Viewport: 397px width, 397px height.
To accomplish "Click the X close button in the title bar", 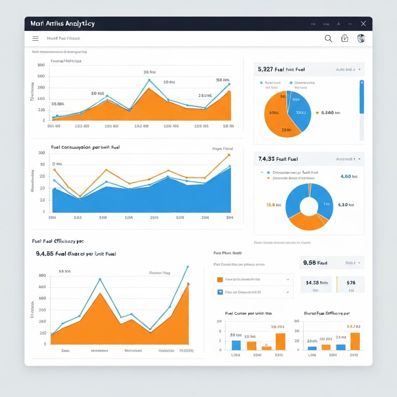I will tap(363, 24).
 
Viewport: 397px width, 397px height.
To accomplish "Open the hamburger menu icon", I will tap(35, 38).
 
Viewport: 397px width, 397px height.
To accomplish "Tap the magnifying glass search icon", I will tap(328, 38).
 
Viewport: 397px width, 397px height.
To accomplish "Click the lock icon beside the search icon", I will tap(344, 38).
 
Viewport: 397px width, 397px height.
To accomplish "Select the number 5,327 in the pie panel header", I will tap(265, 69).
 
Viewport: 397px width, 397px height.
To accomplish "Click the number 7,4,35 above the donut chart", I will tap(267, 159).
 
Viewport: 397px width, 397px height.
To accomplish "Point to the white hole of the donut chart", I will tap(309, 206).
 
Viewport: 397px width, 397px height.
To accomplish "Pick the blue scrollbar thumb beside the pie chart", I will tap(362, 97).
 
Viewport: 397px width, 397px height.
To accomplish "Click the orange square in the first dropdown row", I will tap(220, 279).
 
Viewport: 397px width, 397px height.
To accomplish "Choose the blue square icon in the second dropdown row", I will tap(220, 292).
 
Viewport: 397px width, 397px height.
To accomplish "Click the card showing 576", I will tap(351, 284).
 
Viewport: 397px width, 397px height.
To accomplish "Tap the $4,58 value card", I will tap(317, 284).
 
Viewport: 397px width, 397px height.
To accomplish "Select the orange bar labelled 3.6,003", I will tap(280, 342).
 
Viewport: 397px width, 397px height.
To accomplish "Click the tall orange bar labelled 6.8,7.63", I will tap(355, 341).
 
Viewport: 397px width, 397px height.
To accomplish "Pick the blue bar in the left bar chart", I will tap(236, 345).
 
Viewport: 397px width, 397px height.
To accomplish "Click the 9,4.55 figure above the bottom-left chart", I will tap(44, 254).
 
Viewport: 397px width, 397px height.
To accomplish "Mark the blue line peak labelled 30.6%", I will tap(149, 80).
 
